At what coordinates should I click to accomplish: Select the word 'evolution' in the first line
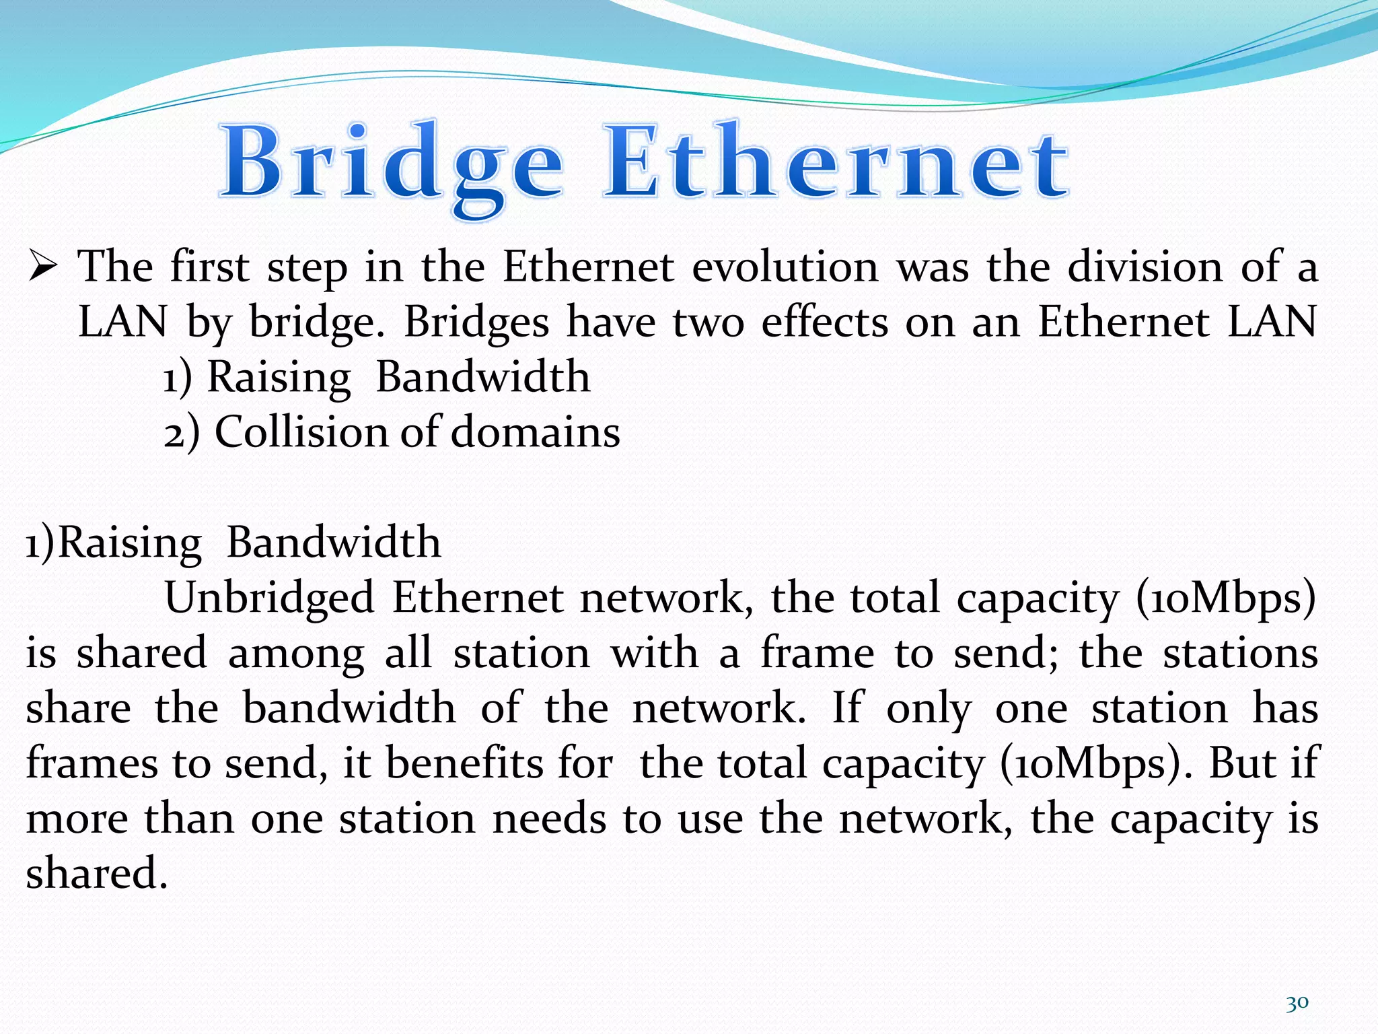(x=785, y=267)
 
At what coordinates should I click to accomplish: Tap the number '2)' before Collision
(x=182, y=432)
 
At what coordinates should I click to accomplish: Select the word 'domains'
(x=536, y=432)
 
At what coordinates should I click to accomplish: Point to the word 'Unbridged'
(x=269, y=598)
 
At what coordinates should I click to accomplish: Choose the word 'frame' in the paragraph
(x=818, y=654)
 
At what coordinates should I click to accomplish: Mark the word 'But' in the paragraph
(x=1238, y=764)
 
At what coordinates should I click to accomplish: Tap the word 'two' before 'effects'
(x=709, y=322)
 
